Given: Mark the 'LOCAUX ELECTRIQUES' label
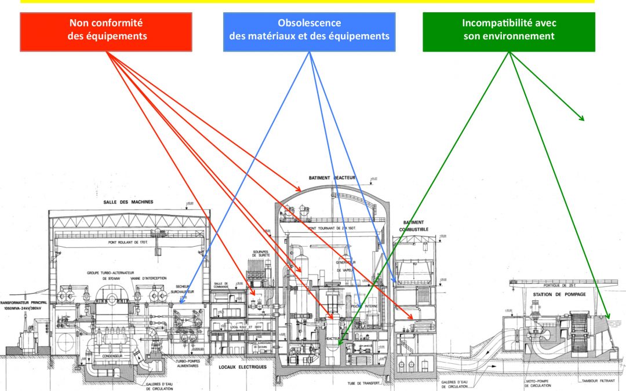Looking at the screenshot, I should pos(243,367).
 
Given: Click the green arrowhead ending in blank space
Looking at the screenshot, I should pos(582,119).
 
